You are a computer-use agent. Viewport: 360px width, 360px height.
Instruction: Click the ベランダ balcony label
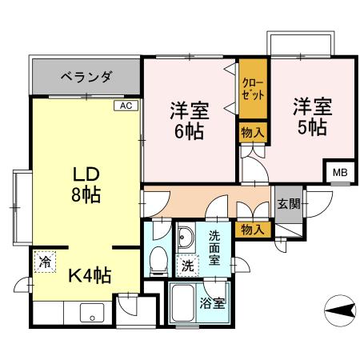tap(86, 77)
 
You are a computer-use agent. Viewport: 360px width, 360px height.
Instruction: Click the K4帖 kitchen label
tap(88, 274)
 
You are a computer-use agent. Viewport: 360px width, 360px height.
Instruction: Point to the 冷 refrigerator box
tap(45, 261)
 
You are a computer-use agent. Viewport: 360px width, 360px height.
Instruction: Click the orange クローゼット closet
tap(253, 89)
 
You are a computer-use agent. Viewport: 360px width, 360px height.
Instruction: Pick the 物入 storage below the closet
tap(252, 132)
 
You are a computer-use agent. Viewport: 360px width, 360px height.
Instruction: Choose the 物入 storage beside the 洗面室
tap(253, 229)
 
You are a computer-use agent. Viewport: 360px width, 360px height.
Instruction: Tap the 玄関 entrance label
tap(289, 203)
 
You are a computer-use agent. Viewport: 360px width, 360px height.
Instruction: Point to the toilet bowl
tap(158, 258)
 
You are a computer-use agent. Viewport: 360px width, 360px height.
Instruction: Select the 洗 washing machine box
tap(186, 265)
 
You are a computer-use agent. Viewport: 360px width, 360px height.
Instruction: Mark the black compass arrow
tap(338, 309)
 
